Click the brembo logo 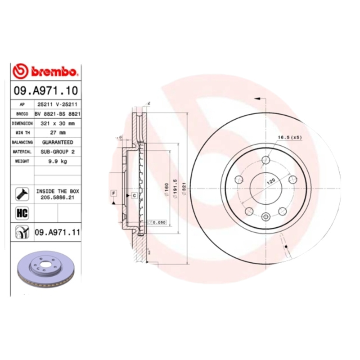[x=45, y=71]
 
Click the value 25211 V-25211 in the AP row [x=58, y=104]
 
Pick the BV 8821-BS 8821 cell [x=58, y=114]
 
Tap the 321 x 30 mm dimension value [x=58, y=123]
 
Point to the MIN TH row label [x=22, y=133]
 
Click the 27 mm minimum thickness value [x=58, y=133]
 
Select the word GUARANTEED [x=58, y=142]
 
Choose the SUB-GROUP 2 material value [x=58, y=152]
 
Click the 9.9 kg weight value [x=58, y=161]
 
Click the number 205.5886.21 [x=58, y=197]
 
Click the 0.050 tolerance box [x=158, y=222]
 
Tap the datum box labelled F [x=113, y=193]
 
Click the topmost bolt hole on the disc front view [x=266, y=159]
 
